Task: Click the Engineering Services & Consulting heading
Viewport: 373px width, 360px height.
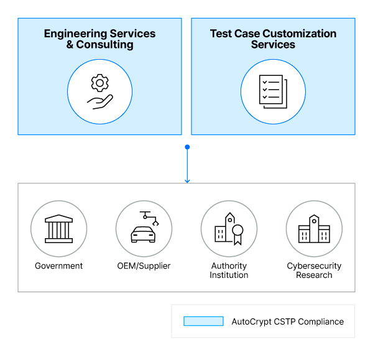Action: pos(99,39)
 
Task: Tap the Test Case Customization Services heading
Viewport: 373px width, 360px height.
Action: pos(273,39)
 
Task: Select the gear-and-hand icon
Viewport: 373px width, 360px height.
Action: pos(99,92)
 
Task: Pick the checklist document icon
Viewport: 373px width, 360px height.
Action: pos(273,92)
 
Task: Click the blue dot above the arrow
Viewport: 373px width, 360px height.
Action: pos(187,147)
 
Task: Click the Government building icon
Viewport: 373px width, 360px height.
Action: pos(58,229)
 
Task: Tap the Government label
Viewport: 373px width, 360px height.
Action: pos(58,266)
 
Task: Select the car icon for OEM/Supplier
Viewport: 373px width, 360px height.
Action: pos(144,234)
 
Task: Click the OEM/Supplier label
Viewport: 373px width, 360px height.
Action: pos(144,266)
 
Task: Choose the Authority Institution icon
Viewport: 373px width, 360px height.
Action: pos(229,229)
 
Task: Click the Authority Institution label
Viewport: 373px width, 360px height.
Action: pos(229,270)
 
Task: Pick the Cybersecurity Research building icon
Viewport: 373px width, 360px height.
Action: pos(314,229)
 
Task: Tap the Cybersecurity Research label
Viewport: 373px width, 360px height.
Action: pos(314,270)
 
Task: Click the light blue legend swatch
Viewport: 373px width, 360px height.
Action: pos(203,321)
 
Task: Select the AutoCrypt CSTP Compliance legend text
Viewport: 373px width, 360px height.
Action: pos(287,322)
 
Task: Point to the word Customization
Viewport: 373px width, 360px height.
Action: pos(303,34)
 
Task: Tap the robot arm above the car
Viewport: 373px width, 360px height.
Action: pos(149,218)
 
